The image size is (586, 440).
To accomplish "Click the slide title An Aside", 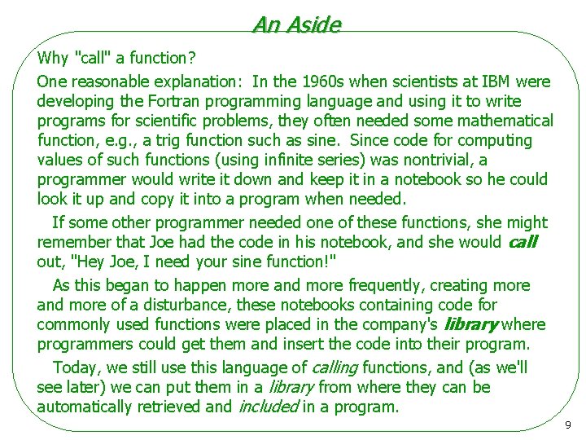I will (x=296, y=24).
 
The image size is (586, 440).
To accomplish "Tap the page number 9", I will (x=567, y=425).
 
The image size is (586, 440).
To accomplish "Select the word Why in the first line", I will (x=53, y=58).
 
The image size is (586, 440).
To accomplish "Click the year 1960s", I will (x=325, y=81).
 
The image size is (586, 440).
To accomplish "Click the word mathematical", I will (x=505, y=121).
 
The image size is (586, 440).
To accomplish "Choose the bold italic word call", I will (x=523, y=242).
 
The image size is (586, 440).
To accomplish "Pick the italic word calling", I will (x=335, y=367).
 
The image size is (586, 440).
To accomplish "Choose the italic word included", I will (x=267, y=407).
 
